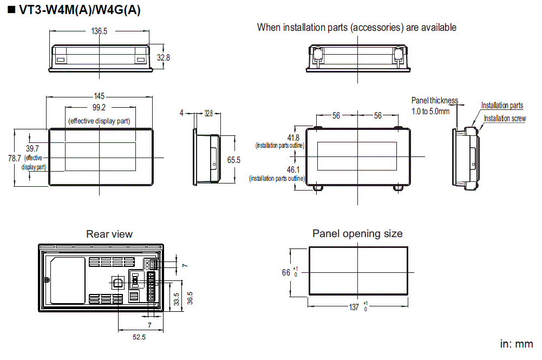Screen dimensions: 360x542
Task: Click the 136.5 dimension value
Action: (99, 31)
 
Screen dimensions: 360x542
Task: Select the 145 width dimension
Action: (100, 96)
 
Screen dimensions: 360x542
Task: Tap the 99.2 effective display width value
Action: (99, 108)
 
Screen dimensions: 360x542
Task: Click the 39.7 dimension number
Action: (32, 148)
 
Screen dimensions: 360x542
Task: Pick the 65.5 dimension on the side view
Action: (233, 160)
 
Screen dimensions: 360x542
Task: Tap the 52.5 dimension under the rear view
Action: (139, 337)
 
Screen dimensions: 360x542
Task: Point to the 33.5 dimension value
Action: (176, 298)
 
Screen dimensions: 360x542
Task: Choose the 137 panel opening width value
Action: (354, 307)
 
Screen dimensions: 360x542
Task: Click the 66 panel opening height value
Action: (286, 272)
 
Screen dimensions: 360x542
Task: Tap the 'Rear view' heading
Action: (109, 234)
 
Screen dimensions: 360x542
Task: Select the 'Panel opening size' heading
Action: (357, 233)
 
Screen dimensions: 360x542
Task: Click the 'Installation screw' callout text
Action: (505, 119)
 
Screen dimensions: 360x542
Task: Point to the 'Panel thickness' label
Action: (434, 100)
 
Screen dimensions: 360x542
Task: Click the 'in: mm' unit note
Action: (516, 344)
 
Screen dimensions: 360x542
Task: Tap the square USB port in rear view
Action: (117, 282)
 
